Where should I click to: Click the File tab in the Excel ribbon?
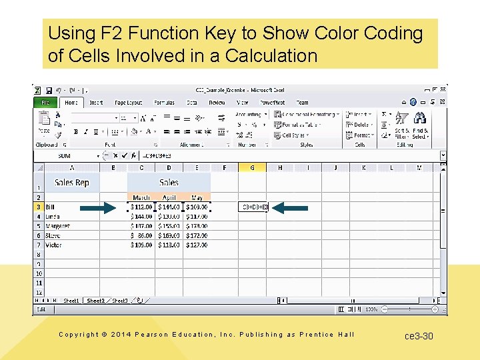[x=45, y=103]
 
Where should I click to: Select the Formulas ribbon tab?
[x=165, y=103]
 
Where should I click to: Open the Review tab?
[x=217, y=103]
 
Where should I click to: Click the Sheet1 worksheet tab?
[x=71, y=301]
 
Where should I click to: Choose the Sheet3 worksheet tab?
[x=119, y=301]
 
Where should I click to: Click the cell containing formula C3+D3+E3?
[x=255, y=207]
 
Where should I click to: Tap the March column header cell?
[x=141, y=197]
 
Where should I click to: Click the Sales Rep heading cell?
[x=72, y=183]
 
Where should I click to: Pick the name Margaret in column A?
[x=58, y=226]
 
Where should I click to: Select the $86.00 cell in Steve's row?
[x=141, y=235]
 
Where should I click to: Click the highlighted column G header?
[x=252, y=167]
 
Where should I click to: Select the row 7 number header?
[x=39, y=245]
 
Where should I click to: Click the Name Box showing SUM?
[x=65, y=156]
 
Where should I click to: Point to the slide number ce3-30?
[x=419, y=336]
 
